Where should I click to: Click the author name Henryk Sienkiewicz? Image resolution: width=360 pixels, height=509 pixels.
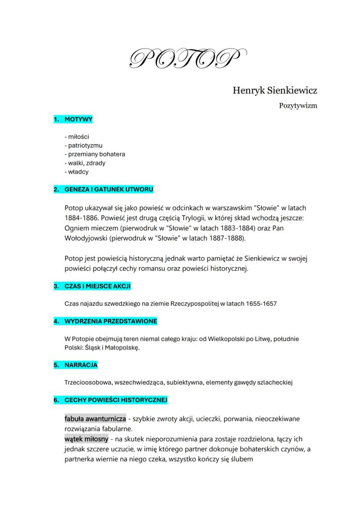pos(274,90)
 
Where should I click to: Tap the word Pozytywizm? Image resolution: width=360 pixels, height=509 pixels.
pos(298,106)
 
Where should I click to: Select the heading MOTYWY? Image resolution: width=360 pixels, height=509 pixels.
pos(78,119)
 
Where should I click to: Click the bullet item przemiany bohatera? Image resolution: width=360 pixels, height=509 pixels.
pos(94,154)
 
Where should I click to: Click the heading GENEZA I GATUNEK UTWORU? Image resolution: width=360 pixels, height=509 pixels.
pos(109,190)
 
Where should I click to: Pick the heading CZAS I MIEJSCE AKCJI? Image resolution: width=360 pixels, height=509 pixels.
pos(97,286)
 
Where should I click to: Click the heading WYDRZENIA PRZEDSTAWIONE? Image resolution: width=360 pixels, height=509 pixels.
pos(111,321)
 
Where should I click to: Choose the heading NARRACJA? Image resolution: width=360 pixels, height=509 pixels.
pos(81,365)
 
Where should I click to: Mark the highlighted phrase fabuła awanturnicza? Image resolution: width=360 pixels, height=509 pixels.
pos(95,419)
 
